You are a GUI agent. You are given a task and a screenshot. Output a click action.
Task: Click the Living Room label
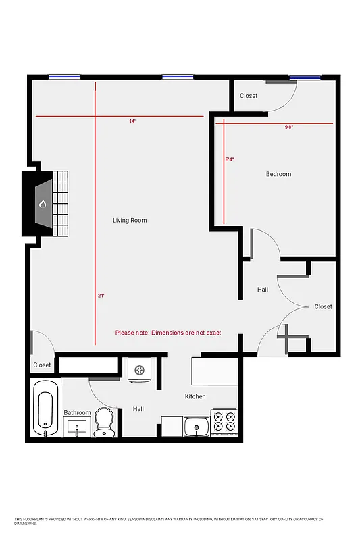pyautogui.click(x=129, y=221)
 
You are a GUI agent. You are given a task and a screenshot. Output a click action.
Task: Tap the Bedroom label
pyautogui.click(x=278, y=174)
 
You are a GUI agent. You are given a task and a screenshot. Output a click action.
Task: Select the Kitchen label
pyautogui.click(x=195, y=396)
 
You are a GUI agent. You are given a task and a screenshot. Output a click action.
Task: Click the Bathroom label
pyautogui.click(x=77, y=412)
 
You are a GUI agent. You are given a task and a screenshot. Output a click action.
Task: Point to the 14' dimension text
pyautogui.click(x=132, y=122)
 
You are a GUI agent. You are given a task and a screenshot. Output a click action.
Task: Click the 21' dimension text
pyautogui.click(x=101, y=296)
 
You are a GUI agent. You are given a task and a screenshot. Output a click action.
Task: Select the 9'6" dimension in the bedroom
pyautogui.click(x=288, y=127)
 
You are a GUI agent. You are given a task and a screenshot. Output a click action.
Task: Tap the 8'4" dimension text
pyautogui.click(x=230, y=159)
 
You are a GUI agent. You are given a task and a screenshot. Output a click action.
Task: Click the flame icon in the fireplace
pyautogui.click(x=42, y=203)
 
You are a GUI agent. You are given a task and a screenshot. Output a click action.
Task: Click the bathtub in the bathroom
pyautogui.click(x=45, y=408)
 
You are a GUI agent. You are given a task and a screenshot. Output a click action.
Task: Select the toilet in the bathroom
pyautogui.click(x=104, y=422)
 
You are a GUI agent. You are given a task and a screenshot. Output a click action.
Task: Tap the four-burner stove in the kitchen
pyautogui.click(x=224, y=421)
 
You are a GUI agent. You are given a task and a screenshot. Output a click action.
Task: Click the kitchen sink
pyautogui.click(x=197, y=426)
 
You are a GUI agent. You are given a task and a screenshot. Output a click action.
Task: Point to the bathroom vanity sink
pyautogui.click(x=77, y=427)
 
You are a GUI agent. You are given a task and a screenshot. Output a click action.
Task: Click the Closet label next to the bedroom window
pyautogui.click(x=249, y=96)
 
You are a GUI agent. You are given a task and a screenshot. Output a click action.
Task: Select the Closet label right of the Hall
pyautogui.click(x=323, y=306)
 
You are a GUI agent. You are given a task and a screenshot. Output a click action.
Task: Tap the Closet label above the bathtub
pyautogui.click(x=42, y=364)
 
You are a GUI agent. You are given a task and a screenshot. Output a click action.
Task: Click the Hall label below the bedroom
pyautogui.click(x=263, y=290)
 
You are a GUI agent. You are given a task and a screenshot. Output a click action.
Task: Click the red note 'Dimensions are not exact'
pyautogui.click(x=168, y=333)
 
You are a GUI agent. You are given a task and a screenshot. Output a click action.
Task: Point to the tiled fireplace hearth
pyautogui.click(x=61, y=202)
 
